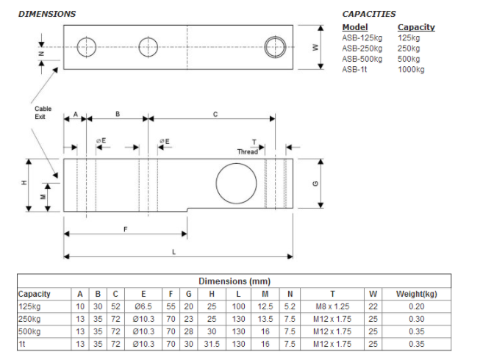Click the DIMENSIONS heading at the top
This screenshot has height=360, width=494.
coord(46,14)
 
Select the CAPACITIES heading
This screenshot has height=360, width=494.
coord(368,14)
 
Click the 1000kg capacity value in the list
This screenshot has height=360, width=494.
coord(411,69)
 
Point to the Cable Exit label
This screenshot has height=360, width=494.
coord(43,112)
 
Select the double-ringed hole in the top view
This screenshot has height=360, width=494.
coord(277,47)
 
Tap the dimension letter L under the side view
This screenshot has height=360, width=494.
coord(173,251)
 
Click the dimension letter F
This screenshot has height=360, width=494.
coord(125,229)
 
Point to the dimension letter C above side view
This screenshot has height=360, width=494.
coord(215,115)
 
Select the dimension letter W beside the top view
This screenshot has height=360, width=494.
coord(315,47)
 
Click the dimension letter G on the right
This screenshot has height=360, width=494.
coord(315,184)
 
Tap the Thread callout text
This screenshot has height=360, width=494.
coord(248,151)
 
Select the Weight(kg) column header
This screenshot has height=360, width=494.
coord(415,294)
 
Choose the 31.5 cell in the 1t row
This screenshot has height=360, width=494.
coord(212,344)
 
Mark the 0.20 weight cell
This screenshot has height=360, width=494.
coord(415,306)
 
